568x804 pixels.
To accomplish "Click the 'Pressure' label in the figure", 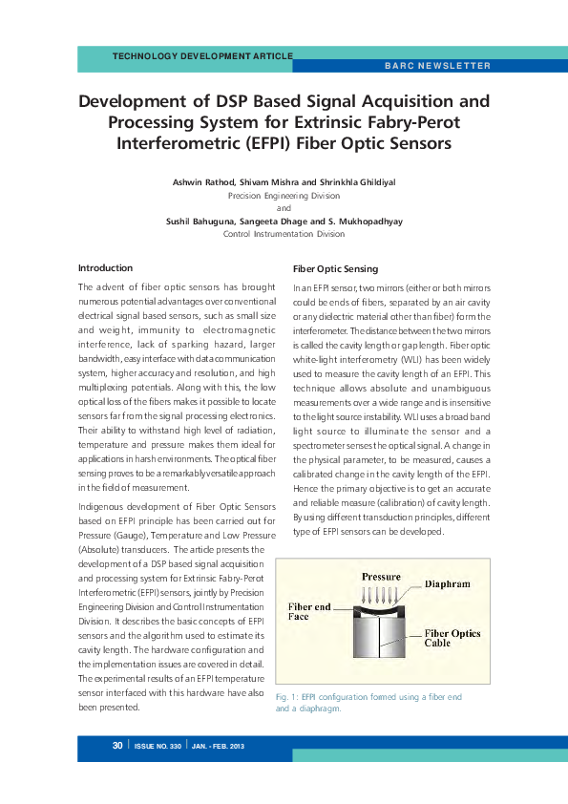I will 381,578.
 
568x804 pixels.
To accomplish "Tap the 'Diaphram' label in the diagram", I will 447,582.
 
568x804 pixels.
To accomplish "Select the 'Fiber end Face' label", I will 310,611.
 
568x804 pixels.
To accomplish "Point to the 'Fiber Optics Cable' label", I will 452,638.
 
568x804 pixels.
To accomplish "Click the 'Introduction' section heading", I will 105,267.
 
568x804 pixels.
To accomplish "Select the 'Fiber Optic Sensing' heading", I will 335,268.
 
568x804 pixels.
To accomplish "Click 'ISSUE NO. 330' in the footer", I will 158,745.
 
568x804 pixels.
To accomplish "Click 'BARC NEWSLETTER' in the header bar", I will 437,66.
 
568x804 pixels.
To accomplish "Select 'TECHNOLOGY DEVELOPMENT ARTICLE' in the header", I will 202,56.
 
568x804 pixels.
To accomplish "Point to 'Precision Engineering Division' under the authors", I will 284,195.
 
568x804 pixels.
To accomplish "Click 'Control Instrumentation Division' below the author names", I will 284,234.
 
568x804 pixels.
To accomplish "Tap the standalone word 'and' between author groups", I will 284,208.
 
